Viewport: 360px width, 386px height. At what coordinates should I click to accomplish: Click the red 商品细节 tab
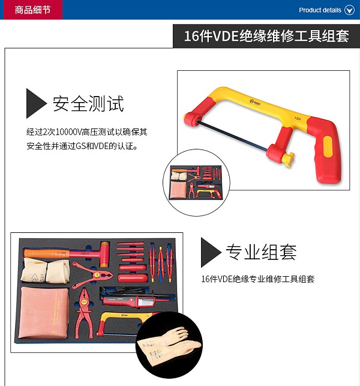tap(33, 10)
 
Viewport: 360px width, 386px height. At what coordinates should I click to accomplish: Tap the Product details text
tap(320, 10)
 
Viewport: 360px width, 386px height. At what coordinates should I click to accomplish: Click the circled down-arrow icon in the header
tap(349, 10)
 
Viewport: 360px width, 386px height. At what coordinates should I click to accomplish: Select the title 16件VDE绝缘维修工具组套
tap(266, 36)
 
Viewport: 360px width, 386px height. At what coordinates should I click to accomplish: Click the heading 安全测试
tap(88, 104)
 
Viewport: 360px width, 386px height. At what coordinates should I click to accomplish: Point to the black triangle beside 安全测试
tap(35, 103)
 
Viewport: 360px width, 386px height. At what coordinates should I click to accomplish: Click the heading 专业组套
tap(262, 252)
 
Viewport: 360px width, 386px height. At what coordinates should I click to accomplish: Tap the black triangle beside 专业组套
tap(211, 252)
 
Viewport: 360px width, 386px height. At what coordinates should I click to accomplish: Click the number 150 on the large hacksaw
tap(297, 118)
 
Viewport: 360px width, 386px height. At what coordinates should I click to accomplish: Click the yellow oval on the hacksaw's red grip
tap(328, 146)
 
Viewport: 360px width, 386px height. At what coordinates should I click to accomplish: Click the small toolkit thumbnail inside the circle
tap(196, 182)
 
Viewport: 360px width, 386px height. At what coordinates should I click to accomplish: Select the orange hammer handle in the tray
tap(47, 253)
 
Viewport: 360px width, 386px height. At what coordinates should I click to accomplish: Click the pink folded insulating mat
tap(44, 312)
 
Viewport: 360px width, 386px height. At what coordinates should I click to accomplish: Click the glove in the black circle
tap(170, 345)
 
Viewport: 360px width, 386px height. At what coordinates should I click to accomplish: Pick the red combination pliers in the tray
tap(84, 313)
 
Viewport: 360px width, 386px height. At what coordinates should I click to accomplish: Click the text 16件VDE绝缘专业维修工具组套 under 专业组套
tap(258, 279)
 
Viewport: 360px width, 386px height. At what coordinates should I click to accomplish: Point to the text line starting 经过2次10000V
tap(87, 132)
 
